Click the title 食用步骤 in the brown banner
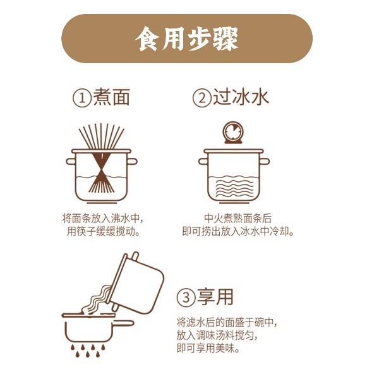186,39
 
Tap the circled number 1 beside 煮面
82,98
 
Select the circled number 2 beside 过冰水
202,98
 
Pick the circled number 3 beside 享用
186,298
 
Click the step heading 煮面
111,97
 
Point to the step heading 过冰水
241,97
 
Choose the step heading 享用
215,297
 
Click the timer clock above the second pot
232,133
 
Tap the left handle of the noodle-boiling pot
71,162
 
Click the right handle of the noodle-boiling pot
132,162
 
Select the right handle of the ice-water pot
265,162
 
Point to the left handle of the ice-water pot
203,162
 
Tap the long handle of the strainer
123,323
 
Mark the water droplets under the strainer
88,351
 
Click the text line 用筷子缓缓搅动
104,232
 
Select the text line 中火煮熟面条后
238,219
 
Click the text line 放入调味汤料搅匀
216,335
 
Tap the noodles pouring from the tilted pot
97,300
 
